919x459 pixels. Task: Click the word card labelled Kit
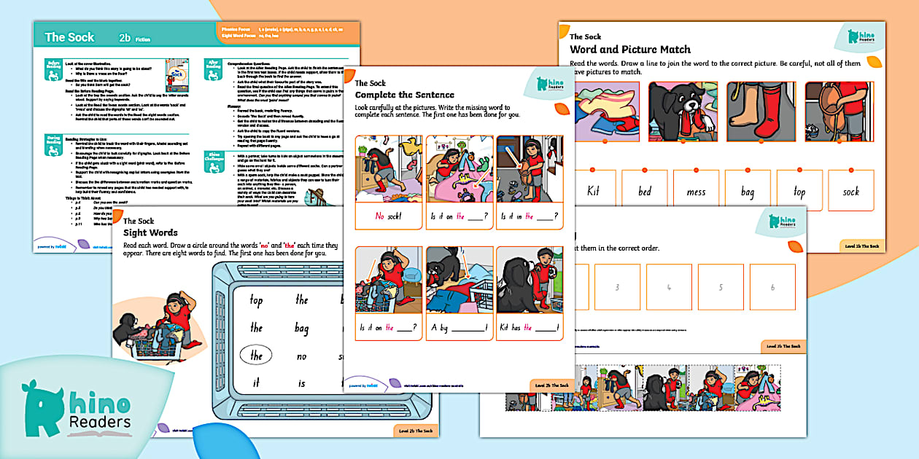tap(593, 191)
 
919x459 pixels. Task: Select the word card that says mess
tap(696, 191)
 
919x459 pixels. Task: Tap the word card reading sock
tap(851, 191)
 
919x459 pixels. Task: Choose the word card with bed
tap(645, 191)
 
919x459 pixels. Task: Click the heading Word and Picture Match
tap(629, 50)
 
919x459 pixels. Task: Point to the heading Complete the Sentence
tap(404, 95)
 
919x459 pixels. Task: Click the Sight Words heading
tap(150, 233)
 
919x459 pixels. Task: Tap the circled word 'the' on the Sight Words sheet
tap(256, 356)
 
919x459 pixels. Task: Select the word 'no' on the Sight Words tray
tap(301, 356)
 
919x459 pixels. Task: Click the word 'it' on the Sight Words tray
tap(256, 383)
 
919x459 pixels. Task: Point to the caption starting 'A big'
tap(459, 327)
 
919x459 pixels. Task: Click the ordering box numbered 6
tap(772, 287)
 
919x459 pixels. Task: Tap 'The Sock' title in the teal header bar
tap(69, 37)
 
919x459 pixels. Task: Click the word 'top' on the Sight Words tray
tap(256, 299)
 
